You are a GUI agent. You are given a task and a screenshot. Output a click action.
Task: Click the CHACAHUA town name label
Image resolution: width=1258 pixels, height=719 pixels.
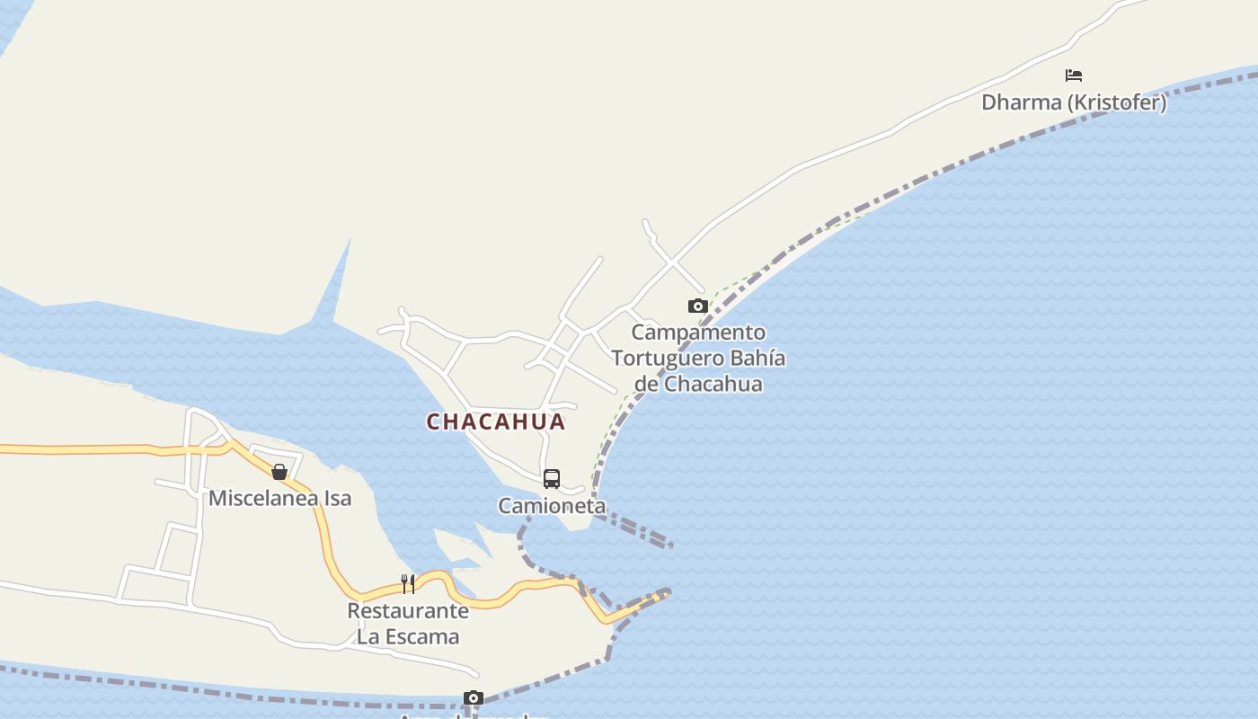point(496,422)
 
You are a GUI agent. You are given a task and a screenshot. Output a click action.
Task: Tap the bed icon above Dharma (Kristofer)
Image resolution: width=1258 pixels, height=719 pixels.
point(1074,75)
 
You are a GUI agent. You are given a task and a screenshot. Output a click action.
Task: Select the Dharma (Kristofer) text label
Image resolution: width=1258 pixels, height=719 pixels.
point(1074,102)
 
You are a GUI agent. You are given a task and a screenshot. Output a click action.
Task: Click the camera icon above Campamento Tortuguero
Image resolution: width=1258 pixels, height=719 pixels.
point(697,306)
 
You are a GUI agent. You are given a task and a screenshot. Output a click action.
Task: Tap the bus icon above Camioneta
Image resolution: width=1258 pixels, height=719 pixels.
point(552,479)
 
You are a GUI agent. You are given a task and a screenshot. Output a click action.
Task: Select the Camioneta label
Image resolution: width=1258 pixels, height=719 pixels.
point(552,506)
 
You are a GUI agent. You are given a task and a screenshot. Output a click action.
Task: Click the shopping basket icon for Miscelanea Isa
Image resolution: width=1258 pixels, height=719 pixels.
point(279,472)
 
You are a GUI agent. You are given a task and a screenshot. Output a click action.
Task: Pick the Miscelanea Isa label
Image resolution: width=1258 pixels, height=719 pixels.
point(279,498)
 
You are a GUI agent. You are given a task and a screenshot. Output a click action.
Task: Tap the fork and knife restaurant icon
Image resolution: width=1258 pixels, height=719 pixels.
point(408,584)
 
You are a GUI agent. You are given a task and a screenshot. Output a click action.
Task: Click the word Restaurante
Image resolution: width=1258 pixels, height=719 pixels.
point(408,611)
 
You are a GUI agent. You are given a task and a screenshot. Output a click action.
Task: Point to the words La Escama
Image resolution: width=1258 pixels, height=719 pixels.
point(408,636)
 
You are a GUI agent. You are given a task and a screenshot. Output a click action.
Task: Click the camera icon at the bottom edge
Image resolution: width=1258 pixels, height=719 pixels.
point(474,698)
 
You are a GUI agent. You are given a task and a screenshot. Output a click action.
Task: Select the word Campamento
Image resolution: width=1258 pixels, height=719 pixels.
point(698,333)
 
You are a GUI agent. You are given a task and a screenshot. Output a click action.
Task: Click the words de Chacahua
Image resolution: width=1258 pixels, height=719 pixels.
point(698,384)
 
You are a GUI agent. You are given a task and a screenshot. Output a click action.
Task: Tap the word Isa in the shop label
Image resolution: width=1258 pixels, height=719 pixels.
point(335,498)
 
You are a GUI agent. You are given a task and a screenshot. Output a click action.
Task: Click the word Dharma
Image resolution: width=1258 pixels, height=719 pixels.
point(1022,102)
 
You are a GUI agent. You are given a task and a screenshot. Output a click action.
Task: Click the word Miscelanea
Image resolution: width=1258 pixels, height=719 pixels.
point(261,498)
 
